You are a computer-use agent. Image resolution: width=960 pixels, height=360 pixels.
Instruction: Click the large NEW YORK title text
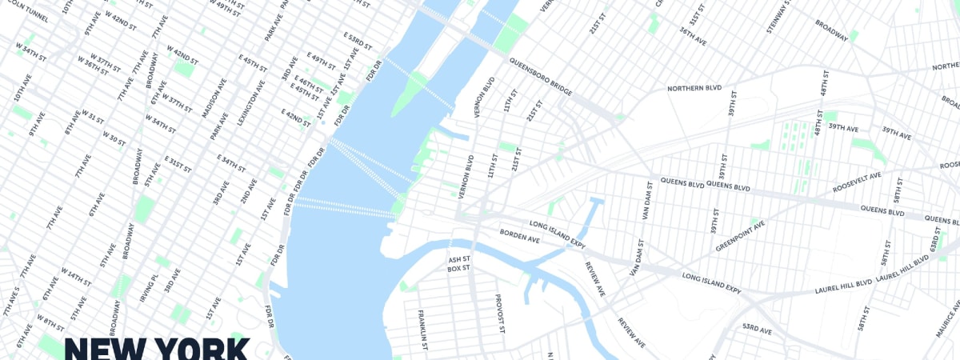[157, 349]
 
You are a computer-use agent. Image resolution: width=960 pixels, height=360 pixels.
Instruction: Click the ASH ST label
[458, 259]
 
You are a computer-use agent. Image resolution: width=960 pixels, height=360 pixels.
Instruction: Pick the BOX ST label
[458, 269]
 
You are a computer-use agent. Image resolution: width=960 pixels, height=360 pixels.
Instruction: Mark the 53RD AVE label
[756, 329]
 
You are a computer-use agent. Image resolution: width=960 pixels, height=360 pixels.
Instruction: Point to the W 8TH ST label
[50, 323]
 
